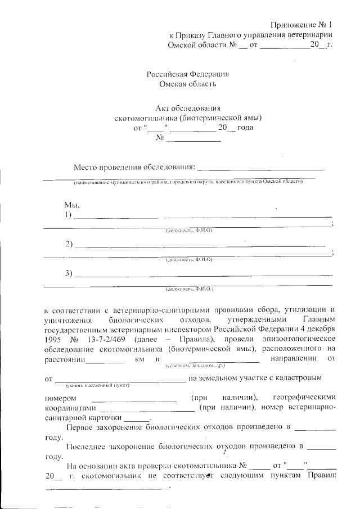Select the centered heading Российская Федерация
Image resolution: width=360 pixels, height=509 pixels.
[187, 74]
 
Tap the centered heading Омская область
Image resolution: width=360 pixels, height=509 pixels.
[187, 84]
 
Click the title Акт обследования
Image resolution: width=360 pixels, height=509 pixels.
[187, 108]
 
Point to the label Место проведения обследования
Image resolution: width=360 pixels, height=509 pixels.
[134, 167]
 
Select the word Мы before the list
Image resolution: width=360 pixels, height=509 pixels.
[71, 205]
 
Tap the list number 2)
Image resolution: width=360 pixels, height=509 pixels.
[69, 244]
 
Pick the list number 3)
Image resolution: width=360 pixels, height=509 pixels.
[69, 273]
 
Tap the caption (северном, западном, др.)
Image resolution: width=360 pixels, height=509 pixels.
[188, 366]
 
